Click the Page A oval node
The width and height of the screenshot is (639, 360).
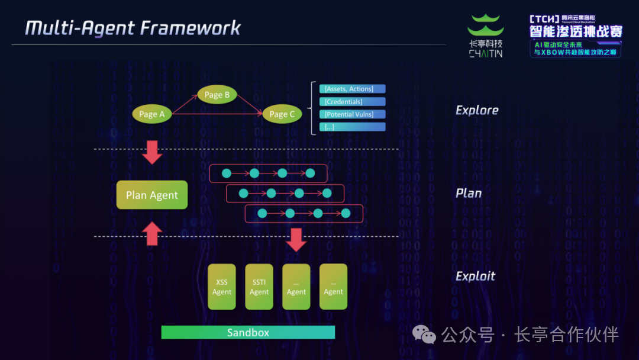[152, 114]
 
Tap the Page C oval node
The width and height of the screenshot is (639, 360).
[282, 114]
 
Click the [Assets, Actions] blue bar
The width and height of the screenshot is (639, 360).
[353, 89]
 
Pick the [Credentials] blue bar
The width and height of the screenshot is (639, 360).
[353, 102]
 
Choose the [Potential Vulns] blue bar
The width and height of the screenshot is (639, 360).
[353, 114]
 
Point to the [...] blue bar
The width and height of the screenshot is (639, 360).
[353, 127]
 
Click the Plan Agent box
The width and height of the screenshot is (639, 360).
[152, 195]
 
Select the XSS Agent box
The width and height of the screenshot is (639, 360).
[222, 287]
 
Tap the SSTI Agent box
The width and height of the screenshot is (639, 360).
[259, 287]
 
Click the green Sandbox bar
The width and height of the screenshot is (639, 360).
[248, 332]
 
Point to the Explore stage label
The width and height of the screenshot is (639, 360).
[477, 110]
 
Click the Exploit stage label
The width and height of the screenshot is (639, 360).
[475, 276]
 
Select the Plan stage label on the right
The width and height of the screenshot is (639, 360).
[469, 193]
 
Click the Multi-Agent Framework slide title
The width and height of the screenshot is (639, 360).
[133, 28]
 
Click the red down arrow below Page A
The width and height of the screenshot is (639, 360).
[153, 152]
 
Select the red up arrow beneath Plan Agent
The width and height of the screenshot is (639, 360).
[153, 233]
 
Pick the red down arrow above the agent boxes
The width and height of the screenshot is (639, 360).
[296, 239]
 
